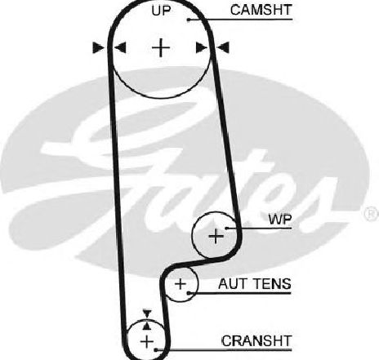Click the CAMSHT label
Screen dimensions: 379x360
click(261, 10)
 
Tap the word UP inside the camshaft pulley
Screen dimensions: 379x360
click(161, 11)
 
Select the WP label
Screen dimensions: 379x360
click(280, 219)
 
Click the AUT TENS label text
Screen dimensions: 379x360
click(255, 284)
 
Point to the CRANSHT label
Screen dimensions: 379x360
click(256, 340)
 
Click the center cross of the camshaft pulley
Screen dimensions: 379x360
click(161, 47)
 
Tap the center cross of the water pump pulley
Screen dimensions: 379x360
click(216, 236)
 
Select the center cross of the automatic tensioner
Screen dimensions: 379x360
click(181, 284)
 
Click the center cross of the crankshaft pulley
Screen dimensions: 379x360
click(147, 341)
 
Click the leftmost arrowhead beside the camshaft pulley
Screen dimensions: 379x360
click(98, 47)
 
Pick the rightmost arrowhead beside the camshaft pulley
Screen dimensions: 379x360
click(223, 47)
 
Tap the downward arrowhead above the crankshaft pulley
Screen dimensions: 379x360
click(147, 313)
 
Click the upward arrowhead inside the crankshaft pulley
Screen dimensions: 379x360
click(147, 326)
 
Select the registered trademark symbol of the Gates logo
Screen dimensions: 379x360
click(372, 214)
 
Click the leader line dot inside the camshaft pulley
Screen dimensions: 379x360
click(188, 20)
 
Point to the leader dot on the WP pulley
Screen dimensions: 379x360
click(226, 228)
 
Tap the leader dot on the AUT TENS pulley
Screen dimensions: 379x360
click(189, 293)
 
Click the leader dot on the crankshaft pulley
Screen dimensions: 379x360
click(156, 349)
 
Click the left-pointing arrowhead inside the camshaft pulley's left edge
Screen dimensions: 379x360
click(120, 47)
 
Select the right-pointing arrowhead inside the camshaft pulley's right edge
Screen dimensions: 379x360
click(202, 47)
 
